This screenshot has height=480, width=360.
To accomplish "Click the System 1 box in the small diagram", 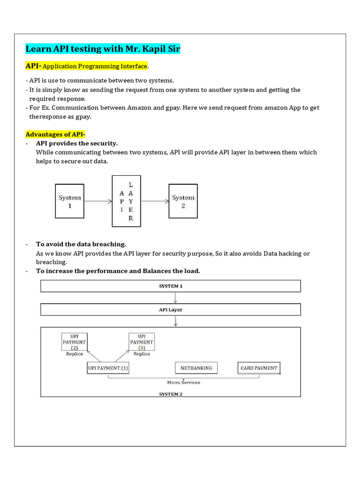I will click(x=70, y=201).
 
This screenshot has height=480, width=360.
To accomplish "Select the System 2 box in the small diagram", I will click(x=183, y=201).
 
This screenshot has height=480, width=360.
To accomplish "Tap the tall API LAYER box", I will click(x=126, y=201).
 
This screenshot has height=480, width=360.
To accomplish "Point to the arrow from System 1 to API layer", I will click(x=98, y=202).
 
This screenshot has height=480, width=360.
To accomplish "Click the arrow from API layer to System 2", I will click(x=155, y=202).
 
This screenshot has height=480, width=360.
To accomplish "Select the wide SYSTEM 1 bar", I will click(x=171, y=286).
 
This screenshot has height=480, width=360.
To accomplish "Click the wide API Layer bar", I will click(x=171, y=310).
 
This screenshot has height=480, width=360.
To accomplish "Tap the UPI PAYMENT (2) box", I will click(x=74, y=342).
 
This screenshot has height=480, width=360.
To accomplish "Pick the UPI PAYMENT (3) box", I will click(x=142, y=342).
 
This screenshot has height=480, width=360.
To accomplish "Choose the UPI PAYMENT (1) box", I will click(x=108, y=368).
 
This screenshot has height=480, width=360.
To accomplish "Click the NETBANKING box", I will click(x=196, y=368).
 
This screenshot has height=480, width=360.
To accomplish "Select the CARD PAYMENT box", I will click(x=259, y=368).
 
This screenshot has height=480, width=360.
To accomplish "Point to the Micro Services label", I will click(x=183, y=382).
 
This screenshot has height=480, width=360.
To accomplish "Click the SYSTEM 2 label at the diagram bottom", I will click(x=171, y=394).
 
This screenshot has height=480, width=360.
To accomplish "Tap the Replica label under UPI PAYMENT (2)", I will click(x=74, y=354).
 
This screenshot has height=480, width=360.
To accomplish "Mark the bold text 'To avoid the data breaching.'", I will click(x=81, y=244).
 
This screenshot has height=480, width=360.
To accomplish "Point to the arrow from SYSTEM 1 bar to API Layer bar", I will click(x=175, y=298).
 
